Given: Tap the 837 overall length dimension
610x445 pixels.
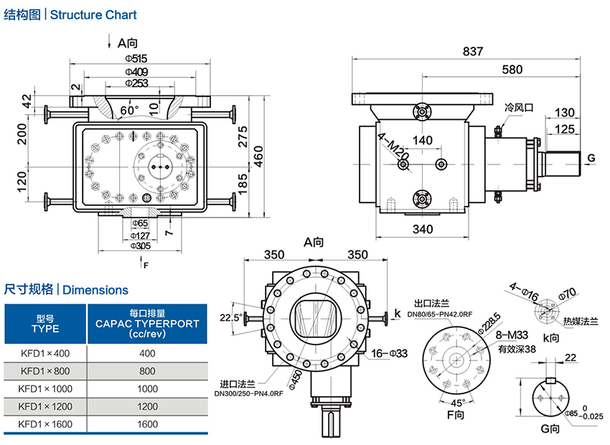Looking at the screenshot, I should point(473,51).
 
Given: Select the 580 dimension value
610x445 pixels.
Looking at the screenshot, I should point(512,70).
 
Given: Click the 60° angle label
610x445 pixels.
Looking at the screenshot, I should point(129,110).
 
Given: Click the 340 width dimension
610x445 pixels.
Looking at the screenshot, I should point(423,230).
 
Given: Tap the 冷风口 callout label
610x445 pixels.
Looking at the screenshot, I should point(519,107).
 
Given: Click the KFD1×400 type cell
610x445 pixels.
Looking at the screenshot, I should point(46,352).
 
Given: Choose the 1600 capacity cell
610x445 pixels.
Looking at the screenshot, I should point(147,424).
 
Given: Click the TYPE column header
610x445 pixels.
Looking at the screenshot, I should point(46,329).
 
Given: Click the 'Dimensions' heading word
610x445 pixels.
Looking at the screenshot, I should point(95,290).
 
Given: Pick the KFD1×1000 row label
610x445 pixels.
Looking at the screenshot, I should point(46,388).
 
